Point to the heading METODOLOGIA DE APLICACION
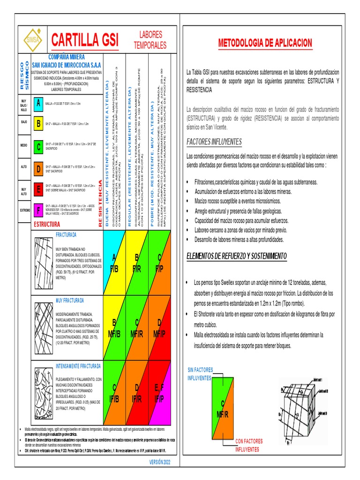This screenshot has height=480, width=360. [265, 44]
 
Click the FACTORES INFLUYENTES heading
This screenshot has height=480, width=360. [214, 142]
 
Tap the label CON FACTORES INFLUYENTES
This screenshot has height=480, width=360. [248, 445]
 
